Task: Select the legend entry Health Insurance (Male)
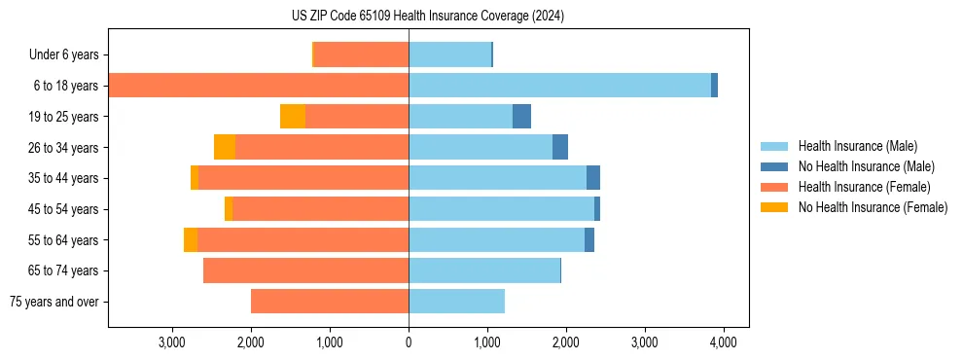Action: [857, 146]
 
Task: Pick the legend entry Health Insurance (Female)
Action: [864, 187]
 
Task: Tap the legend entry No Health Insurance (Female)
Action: [873, 207]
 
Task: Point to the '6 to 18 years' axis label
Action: [66, 86]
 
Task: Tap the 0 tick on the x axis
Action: [409, 343]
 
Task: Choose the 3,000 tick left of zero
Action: [172, 343]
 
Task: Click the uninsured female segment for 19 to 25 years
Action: [293, 116]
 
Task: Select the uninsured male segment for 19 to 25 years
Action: [521, 116]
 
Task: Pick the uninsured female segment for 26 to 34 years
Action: [225, 147]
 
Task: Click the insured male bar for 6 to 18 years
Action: [559, 86]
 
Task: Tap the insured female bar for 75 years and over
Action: [330, 302]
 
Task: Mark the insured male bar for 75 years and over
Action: [456, 302]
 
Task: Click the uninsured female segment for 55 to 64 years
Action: [191, 239]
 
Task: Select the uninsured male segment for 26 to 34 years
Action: [560, 147]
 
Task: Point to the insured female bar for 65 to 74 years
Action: [305, 270]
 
